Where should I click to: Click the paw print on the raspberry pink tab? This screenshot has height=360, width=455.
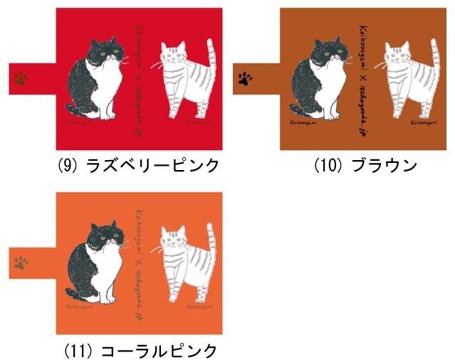coord(21,78)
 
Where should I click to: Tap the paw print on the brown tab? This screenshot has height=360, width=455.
coord(246,76)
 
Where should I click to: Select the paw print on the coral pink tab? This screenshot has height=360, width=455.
coord(21,263)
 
